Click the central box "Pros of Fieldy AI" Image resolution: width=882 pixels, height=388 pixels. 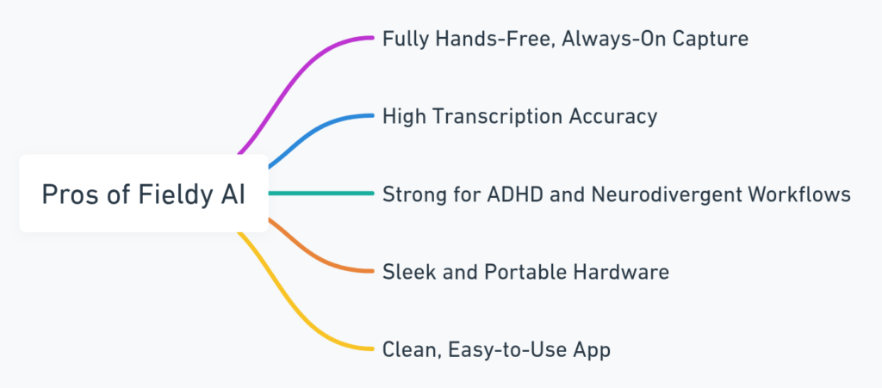(x=144, y=194)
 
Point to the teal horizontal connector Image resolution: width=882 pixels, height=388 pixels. (x=321, y=194)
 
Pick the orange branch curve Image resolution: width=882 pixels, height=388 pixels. (x=315, y=254)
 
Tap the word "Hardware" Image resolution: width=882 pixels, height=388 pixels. (x=621, y=272)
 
